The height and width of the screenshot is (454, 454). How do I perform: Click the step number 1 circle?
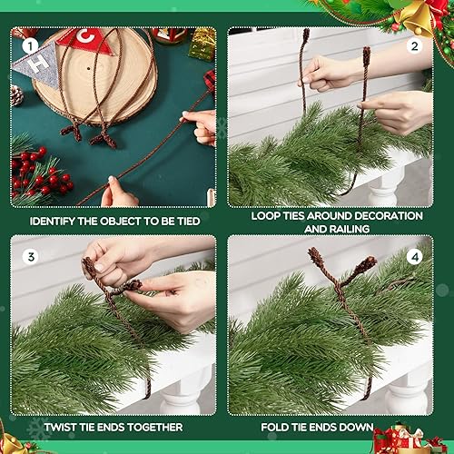[29, 44]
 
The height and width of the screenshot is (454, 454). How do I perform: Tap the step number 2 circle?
[415, 44]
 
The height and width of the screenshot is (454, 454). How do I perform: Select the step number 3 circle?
[29, 256]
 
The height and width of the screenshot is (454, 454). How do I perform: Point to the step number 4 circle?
[415, 256]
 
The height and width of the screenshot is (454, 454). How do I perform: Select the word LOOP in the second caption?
[267, 216]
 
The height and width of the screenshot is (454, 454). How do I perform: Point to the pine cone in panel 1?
[17, 94]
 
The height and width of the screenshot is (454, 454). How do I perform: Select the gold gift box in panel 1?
[202, 41]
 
